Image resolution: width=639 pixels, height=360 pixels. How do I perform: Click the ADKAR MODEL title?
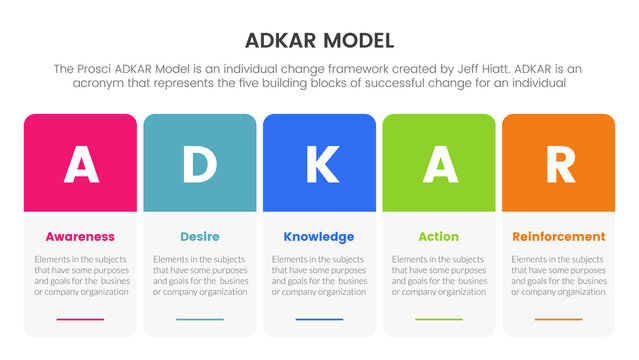pyautogui.click(x=319, y=41)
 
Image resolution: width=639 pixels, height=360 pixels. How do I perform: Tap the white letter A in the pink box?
pyautogui.click(x=81, y=164)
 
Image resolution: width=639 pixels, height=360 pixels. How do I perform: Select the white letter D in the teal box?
pyautogui.click(x=199, y=164)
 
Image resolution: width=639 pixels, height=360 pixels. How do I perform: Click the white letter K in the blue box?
pyautogui.click(x=319, y=164)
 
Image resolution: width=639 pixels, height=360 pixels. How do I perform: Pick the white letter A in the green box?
pyautogui.click(x=439, y=164)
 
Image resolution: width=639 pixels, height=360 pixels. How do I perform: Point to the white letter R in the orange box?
pyautogui.click(x=558, y=164)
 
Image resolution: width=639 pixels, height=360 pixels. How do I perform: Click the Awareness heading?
pyautogui.click(x=80, y=237)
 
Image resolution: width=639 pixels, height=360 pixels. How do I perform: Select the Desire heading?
pyautogui.click(x=199, y=237)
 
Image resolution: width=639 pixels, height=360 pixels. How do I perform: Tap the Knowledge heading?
pyautogui.click(x=319, y=237)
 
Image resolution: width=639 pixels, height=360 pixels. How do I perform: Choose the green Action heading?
pyautogui.click(x=438, y=237)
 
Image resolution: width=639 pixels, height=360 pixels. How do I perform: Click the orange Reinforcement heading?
pyautogui.click(x=558, y=237)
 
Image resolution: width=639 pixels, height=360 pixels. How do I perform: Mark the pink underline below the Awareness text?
pyautogui.click(x=80, y=320)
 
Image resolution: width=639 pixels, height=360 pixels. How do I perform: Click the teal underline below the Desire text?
pyautogui.click(x=199, y=320)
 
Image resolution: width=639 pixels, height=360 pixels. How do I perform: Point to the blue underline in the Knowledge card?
pyautogui.click(x=319, y=320)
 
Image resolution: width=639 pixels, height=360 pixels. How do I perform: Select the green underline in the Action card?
pyautogui.click(x=438, y=320)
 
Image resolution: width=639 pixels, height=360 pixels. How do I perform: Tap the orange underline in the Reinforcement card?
pyautogui.click(x=558, y=320)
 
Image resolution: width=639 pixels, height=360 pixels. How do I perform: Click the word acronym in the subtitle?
pyautogui.click(x=102, y=83)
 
